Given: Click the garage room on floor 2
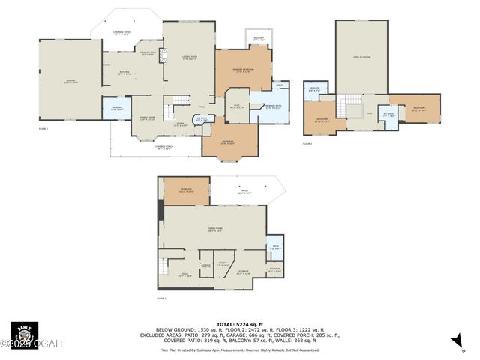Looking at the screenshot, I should click(70, 79).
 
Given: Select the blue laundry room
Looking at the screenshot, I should click(116, 109).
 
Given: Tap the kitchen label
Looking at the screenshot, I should click(125, 72).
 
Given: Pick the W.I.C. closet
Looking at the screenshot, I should click(238, 106).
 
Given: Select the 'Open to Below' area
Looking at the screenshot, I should click(361, 56).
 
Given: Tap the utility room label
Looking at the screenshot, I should click(223, 264).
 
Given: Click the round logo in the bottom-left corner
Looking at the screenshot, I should click(23, 334).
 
